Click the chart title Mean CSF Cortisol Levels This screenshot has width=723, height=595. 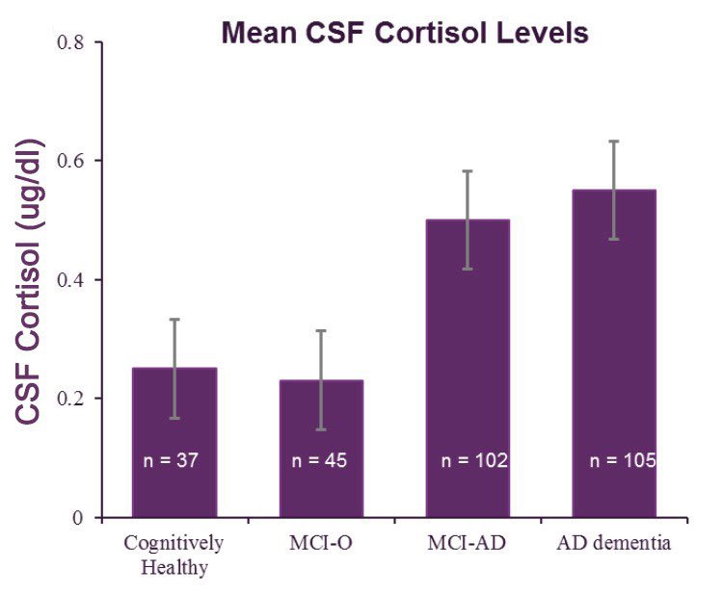405,34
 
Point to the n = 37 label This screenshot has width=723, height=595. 174,460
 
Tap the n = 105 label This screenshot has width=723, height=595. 623,460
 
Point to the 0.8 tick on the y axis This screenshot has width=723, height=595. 71,42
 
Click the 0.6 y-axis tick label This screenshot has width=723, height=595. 71,161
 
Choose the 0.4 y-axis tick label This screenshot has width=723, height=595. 71,280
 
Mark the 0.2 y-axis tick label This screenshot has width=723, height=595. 71,399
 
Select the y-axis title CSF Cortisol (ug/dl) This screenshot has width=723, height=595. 29,279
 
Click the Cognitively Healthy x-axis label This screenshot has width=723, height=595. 174,554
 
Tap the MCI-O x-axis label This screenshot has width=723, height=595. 321,543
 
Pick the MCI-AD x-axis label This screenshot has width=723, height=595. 468,543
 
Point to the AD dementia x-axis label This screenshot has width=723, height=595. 613,543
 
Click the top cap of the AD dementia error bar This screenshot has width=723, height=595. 614,142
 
